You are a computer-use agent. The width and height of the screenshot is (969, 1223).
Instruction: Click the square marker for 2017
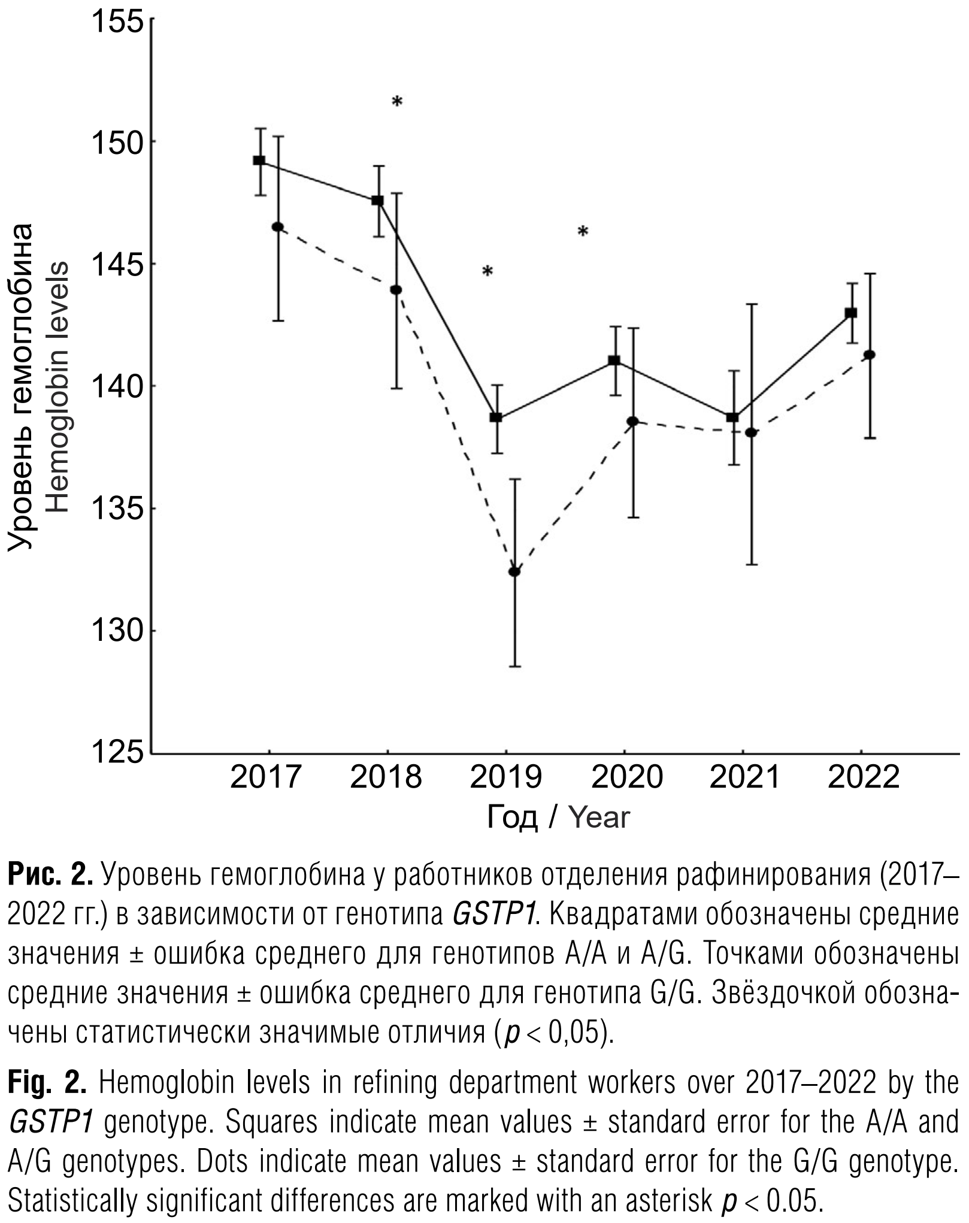point(259,161)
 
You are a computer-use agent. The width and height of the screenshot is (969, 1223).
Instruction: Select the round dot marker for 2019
point(514,572)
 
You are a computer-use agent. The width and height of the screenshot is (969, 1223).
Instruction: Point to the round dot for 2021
point(752,432)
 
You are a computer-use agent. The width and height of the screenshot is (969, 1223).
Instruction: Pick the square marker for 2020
point(614,361)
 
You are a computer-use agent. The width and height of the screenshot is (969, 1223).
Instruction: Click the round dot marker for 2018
point(396,290)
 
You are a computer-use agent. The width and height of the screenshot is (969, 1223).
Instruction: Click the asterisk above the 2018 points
point(397,102)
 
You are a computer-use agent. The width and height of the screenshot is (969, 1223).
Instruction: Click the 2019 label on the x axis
point(506,778)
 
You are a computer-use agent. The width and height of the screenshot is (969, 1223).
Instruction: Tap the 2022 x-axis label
point(863,778)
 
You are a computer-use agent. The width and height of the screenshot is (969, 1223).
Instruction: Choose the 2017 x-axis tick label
point(265,778)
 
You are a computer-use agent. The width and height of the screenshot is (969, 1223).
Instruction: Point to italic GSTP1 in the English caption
point(50,1123)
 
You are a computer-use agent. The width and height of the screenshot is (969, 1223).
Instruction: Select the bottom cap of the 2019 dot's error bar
point(514,667)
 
